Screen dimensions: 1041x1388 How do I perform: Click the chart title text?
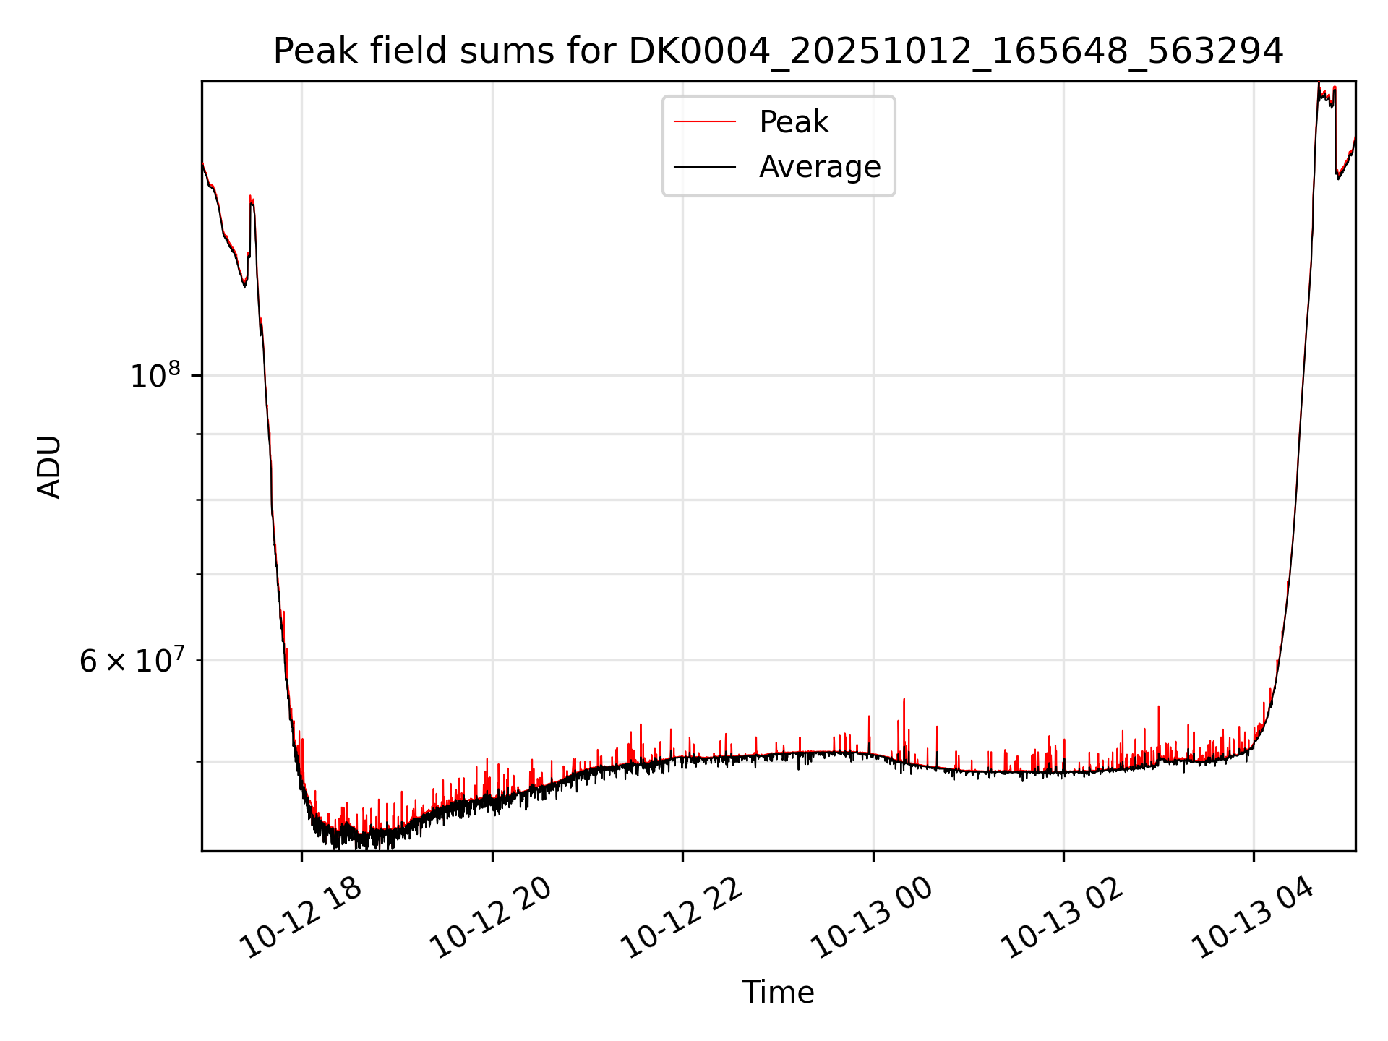[778, 52]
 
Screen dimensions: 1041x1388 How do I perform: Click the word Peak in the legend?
[794, 122]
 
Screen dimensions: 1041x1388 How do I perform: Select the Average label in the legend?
[820, 167]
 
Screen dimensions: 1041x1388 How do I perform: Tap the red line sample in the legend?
[705, 122]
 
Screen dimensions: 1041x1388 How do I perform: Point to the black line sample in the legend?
[705, 167]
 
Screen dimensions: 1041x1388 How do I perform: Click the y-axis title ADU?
[49, 466]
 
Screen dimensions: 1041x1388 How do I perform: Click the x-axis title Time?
[778, 993]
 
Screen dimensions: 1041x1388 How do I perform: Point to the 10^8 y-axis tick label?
[155, 376]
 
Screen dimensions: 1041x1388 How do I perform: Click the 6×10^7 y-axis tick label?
[130, 661]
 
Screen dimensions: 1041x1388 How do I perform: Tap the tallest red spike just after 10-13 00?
[904, 701]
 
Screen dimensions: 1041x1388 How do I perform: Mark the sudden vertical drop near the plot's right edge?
[1335, 130]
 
